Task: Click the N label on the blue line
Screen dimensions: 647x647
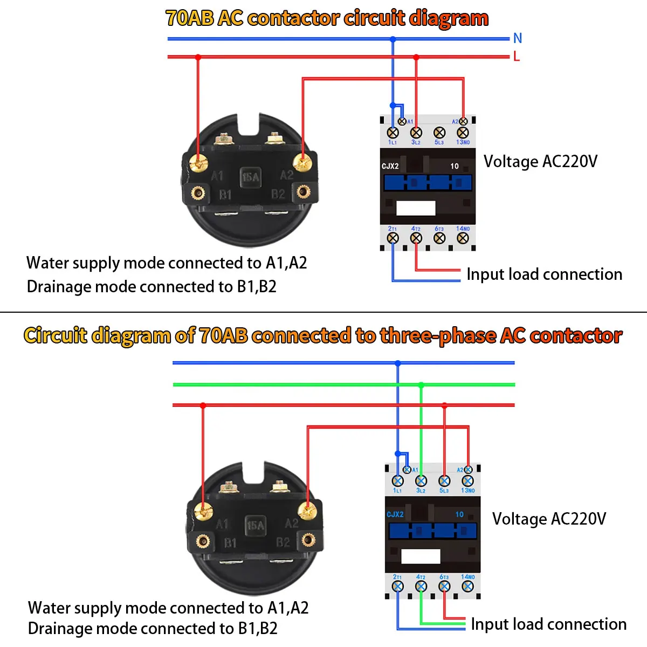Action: point(518,38)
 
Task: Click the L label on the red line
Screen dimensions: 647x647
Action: point(517,56)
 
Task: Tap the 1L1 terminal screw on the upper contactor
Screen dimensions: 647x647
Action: point(393,133)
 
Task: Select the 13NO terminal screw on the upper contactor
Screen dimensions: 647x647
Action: point(463,133)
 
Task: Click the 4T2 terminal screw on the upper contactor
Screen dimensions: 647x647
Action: point(416,238)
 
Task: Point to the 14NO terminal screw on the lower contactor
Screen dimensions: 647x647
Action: point(467,586)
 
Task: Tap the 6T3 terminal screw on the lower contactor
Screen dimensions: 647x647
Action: point(444,586)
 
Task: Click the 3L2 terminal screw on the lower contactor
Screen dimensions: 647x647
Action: point(421,480)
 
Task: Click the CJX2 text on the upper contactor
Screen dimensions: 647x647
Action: point(390,166)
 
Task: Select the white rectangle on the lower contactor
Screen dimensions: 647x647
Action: point(421,556)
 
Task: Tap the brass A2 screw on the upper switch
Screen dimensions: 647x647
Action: point(302,161)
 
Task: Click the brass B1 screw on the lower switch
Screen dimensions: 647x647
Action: point(203,540)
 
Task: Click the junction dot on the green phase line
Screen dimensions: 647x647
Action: point(421,385)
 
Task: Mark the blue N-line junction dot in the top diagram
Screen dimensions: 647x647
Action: point(393,39)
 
